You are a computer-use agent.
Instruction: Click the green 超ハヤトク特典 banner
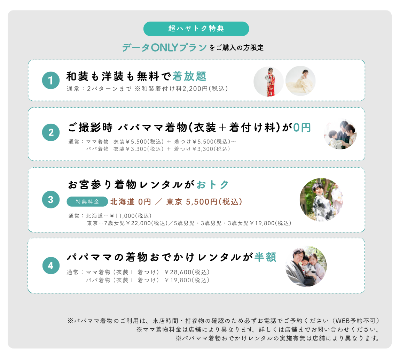(x=196, y=29)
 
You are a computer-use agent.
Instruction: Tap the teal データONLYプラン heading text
(x=164, y=48)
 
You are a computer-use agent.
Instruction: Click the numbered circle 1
(x=51, y=81)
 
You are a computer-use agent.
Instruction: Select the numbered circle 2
(x=51, y=132)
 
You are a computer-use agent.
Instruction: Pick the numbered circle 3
(x=51, y=199)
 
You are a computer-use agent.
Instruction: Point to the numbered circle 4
(x=51, y=266)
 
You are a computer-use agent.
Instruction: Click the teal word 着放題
(x=189, y=76)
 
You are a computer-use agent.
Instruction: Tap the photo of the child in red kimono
(x=268, y=82)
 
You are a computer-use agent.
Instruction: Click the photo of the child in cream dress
(x=300, y=81)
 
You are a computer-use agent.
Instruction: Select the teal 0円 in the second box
(x=302, y=128)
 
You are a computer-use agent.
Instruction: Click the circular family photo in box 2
(x=340, y=134)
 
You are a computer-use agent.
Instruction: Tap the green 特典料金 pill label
(x=87, y=202)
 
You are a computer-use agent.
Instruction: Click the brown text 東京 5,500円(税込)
(x=204, y=202)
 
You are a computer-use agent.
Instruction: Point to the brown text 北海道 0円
(x=131, y=202)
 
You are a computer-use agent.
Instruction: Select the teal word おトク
(x=213, y=185)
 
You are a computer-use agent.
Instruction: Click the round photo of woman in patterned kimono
(x=321, y=200)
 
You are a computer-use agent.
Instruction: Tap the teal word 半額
(x=265, y=257)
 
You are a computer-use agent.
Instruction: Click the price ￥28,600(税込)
(x=187, y=272)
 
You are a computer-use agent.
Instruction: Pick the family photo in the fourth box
(x=306, y=266)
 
